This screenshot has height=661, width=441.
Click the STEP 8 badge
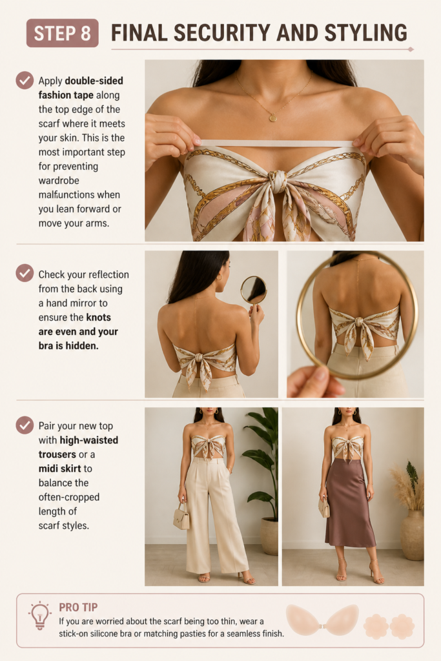pos(63,33)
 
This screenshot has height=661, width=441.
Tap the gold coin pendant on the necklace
pos(272,118)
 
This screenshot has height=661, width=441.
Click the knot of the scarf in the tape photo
pos(278,181)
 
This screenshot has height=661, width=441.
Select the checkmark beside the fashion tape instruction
pos(25,80)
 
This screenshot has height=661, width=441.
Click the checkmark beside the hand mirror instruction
pos(25,273)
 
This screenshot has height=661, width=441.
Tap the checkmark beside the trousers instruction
pos(25,425)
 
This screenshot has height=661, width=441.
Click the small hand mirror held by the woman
pos(253,290)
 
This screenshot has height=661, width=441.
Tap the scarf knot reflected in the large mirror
pos(359,322)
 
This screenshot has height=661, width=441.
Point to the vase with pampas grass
pos(412,534)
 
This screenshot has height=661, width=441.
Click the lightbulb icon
pos(39,615)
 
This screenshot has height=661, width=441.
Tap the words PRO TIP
pos(78,607)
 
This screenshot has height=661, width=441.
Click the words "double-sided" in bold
pos(94,81)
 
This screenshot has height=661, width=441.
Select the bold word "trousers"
pos(57,454)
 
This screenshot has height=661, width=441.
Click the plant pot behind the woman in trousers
pos(269,536)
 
